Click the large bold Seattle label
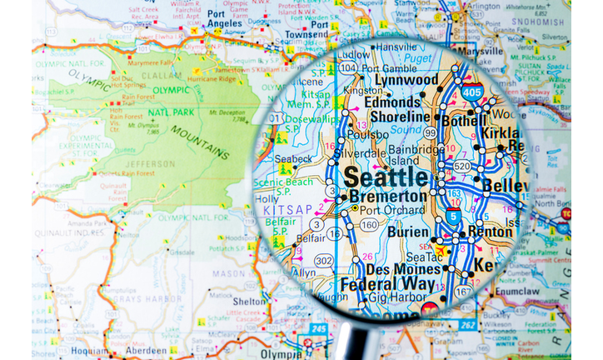tap(386, 177)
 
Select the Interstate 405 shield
tap(472, 92)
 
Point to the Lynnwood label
tap(407, 79)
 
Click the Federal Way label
tap(376, 284)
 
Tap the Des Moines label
tap(403, 269)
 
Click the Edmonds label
tap(391, 102)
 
